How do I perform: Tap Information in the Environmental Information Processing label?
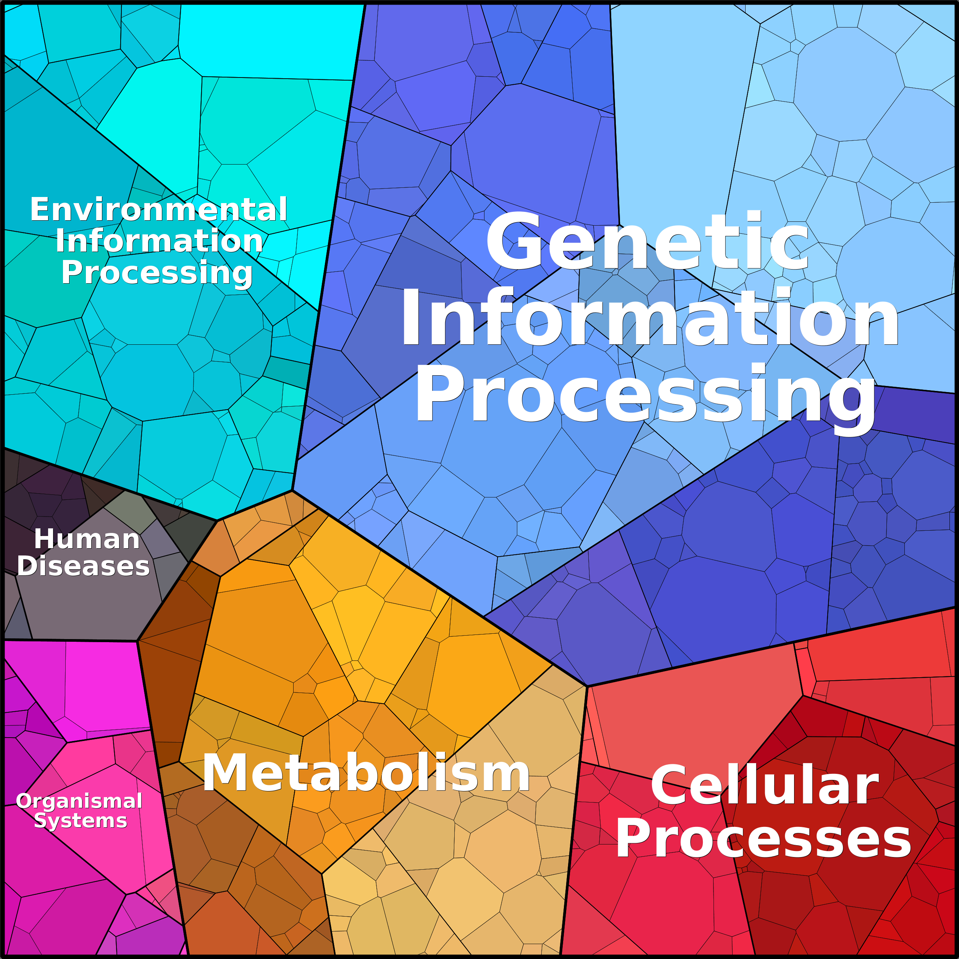159,241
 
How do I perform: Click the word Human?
87,539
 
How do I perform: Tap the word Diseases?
83,567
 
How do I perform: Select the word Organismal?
79,801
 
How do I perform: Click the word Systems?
81,820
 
